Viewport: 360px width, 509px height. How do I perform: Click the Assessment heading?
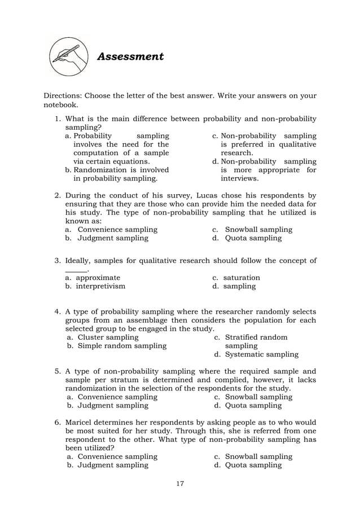point(130,56)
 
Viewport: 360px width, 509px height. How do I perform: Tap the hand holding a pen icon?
point(68,56)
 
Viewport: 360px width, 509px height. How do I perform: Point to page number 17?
point(180,483)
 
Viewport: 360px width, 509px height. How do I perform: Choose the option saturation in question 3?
point(242,278)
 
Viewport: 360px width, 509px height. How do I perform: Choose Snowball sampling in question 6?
point(258,456)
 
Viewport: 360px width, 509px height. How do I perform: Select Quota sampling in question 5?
point(253,405)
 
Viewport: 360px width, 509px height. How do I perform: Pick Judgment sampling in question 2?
point(113,238)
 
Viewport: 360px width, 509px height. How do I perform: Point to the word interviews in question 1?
point(239,178)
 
